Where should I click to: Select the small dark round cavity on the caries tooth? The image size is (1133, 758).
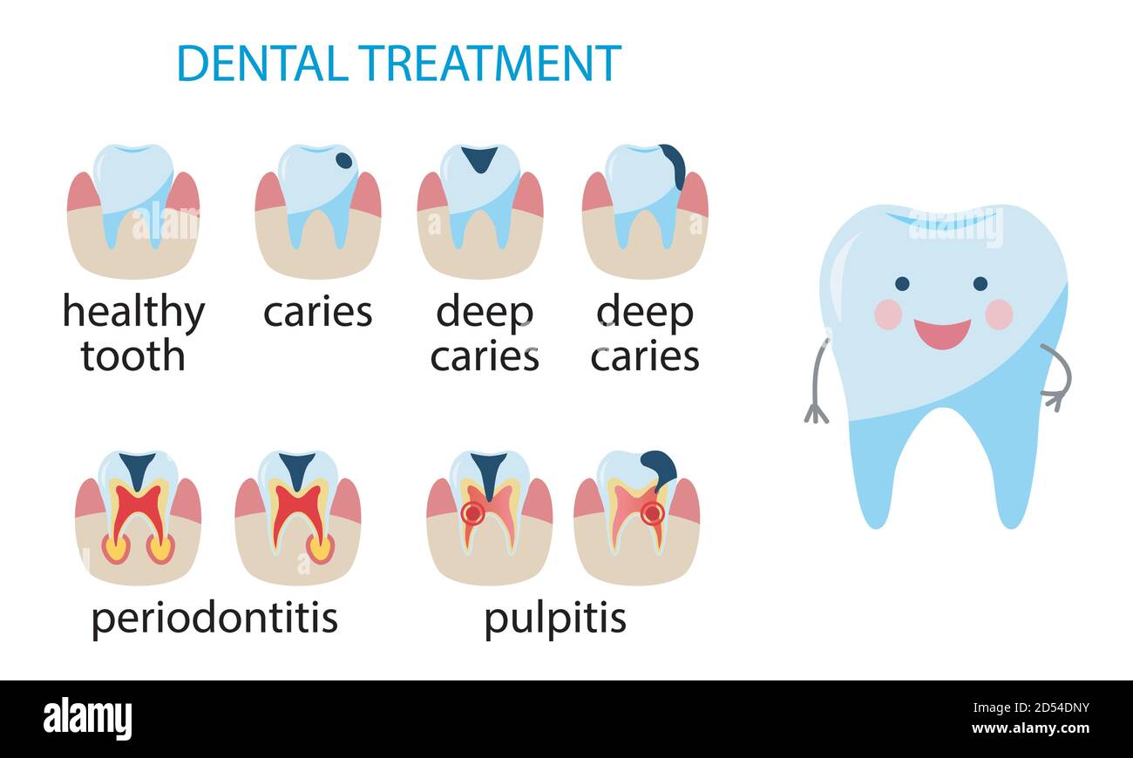click(344, 160)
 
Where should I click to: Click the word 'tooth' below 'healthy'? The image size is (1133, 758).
click(132, 356)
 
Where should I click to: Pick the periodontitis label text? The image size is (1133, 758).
click(214, 619)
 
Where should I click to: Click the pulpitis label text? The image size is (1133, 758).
click(554, 619)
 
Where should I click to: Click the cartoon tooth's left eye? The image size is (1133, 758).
click(901, 283)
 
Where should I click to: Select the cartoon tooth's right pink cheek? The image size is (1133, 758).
click(999, 314)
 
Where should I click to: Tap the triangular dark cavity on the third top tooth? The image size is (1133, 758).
click(478, 158)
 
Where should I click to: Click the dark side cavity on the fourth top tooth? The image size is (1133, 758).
click(674, 164)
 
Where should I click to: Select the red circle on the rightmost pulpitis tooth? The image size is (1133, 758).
click(652, 513)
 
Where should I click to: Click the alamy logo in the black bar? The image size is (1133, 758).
click(88, 720)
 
